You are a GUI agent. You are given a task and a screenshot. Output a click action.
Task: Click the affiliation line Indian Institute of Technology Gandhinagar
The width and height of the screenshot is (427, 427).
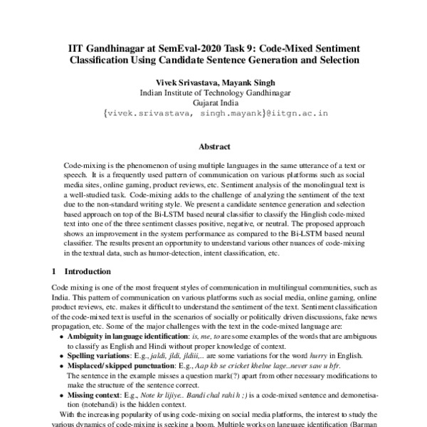[x=213, y=93]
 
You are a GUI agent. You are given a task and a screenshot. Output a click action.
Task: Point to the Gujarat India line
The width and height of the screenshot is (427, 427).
[x=213, y=102]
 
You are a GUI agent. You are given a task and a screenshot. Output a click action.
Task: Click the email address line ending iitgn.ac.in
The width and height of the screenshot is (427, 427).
[x=213, y=113]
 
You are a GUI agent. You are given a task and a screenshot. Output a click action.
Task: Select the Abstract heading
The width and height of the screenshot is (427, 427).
[x=213, y=147]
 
